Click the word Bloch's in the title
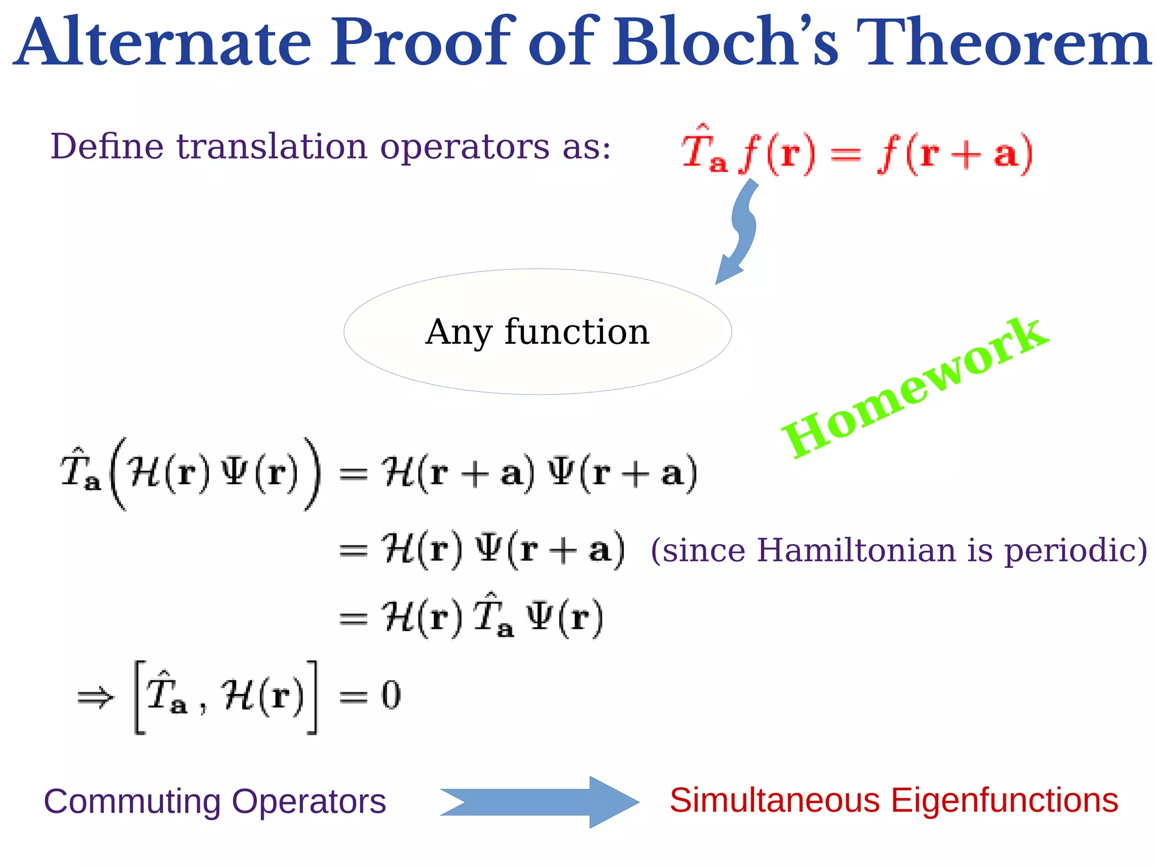(725, 42)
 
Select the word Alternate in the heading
(164, 42)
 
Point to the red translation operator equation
(857, 151)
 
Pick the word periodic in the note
(1075, 550)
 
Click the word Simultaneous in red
(774, 800)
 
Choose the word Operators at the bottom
(309, 802)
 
